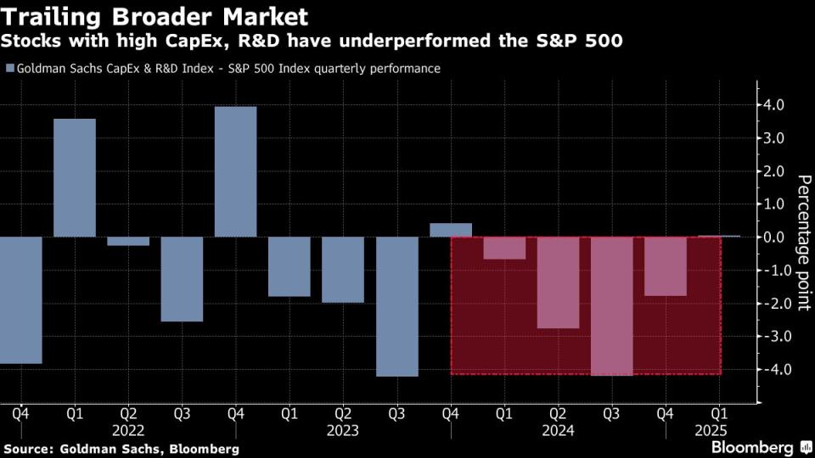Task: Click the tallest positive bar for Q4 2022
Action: click(235, 171)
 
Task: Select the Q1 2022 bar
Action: click(75, 177)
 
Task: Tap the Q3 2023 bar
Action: click(396, 306)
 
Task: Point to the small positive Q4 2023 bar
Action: click(451, 230)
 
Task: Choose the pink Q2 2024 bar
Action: click(558, 282)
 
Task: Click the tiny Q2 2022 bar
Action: click(128, 241)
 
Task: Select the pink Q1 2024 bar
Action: click(504, 248)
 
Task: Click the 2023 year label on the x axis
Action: click(344, 430)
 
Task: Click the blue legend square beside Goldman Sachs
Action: click(9, 69)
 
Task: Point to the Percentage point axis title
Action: click(802, 243)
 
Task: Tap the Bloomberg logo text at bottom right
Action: click(750, 446)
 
